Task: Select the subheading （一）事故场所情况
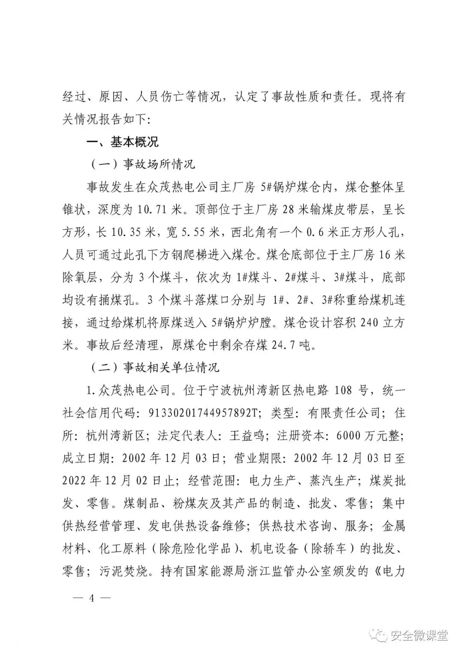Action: point(142,164)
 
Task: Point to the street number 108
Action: point(343,390)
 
